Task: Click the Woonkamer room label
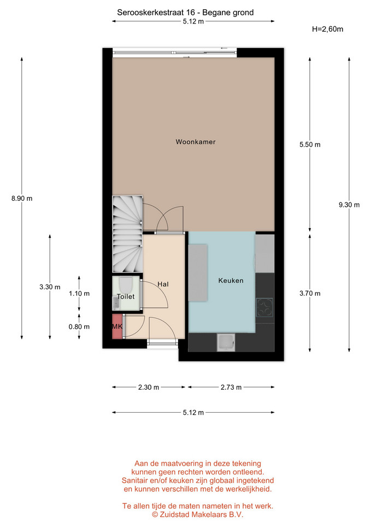[196, 142]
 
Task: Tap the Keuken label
[231, 281]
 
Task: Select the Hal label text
[163, 284]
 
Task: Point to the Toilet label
[126, 296]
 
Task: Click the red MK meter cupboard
[117, 326]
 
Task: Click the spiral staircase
[127, 234]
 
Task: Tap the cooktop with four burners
[264, 307]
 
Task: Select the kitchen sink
[226, 343]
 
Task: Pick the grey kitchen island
[198, 273]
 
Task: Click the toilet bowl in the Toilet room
[126, 284]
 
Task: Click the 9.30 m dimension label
[349, 205]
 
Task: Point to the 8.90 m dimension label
[22, 198]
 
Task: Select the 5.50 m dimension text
[310, 144]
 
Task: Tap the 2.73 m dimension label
[231, 388]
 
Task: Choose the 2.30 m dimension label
[149, 388]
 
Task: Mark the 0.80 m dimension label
[79, 326]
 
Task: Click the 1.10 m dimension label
[79, 294]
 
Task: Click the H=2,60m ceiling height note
[327, 29]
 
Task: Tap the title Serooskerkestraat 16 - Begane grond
[185, 13]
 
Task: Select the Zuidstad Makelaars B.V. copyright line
[198, 514]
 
